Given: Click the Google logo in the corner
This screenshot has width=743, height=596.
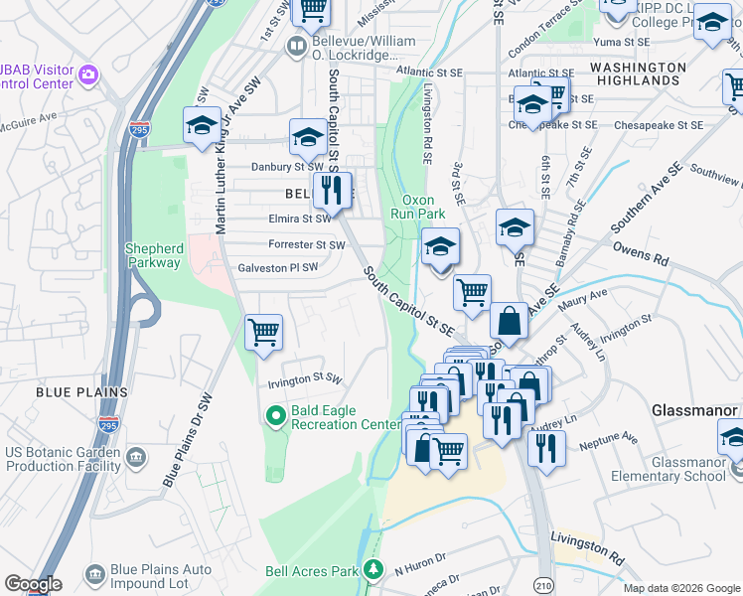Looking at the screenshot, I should click(33, 584).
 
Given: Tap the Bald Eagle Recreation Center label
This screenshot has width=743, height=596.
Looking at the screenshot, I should click(345, 417).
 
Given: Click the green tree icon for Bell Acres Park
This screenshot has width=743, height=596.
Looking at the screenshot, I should click(372, 570).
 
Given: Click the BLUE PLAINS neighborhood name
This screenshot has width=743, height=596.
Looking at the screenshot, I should click(82, 392).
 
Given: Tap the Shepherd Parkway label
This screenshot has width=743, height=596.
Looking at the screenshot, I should click(153, 255).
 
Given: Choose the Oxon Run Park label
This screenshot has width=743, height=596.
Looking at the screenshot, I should click(424, 206).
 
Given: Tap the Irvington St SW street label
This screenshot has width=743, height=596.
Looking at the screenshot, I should click(304, 379).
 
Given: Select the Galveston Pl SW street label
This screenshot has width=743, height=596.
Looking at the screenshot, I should click(277, 268).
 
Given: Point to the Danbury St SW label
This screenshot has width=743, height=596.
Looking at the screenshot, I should click(286, 167).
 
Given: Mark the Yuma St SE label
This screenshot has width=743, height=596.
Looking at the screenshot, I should click(621, 42).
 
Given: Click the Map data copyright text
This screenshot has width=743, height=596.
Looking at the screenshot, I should click(680, 588).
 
